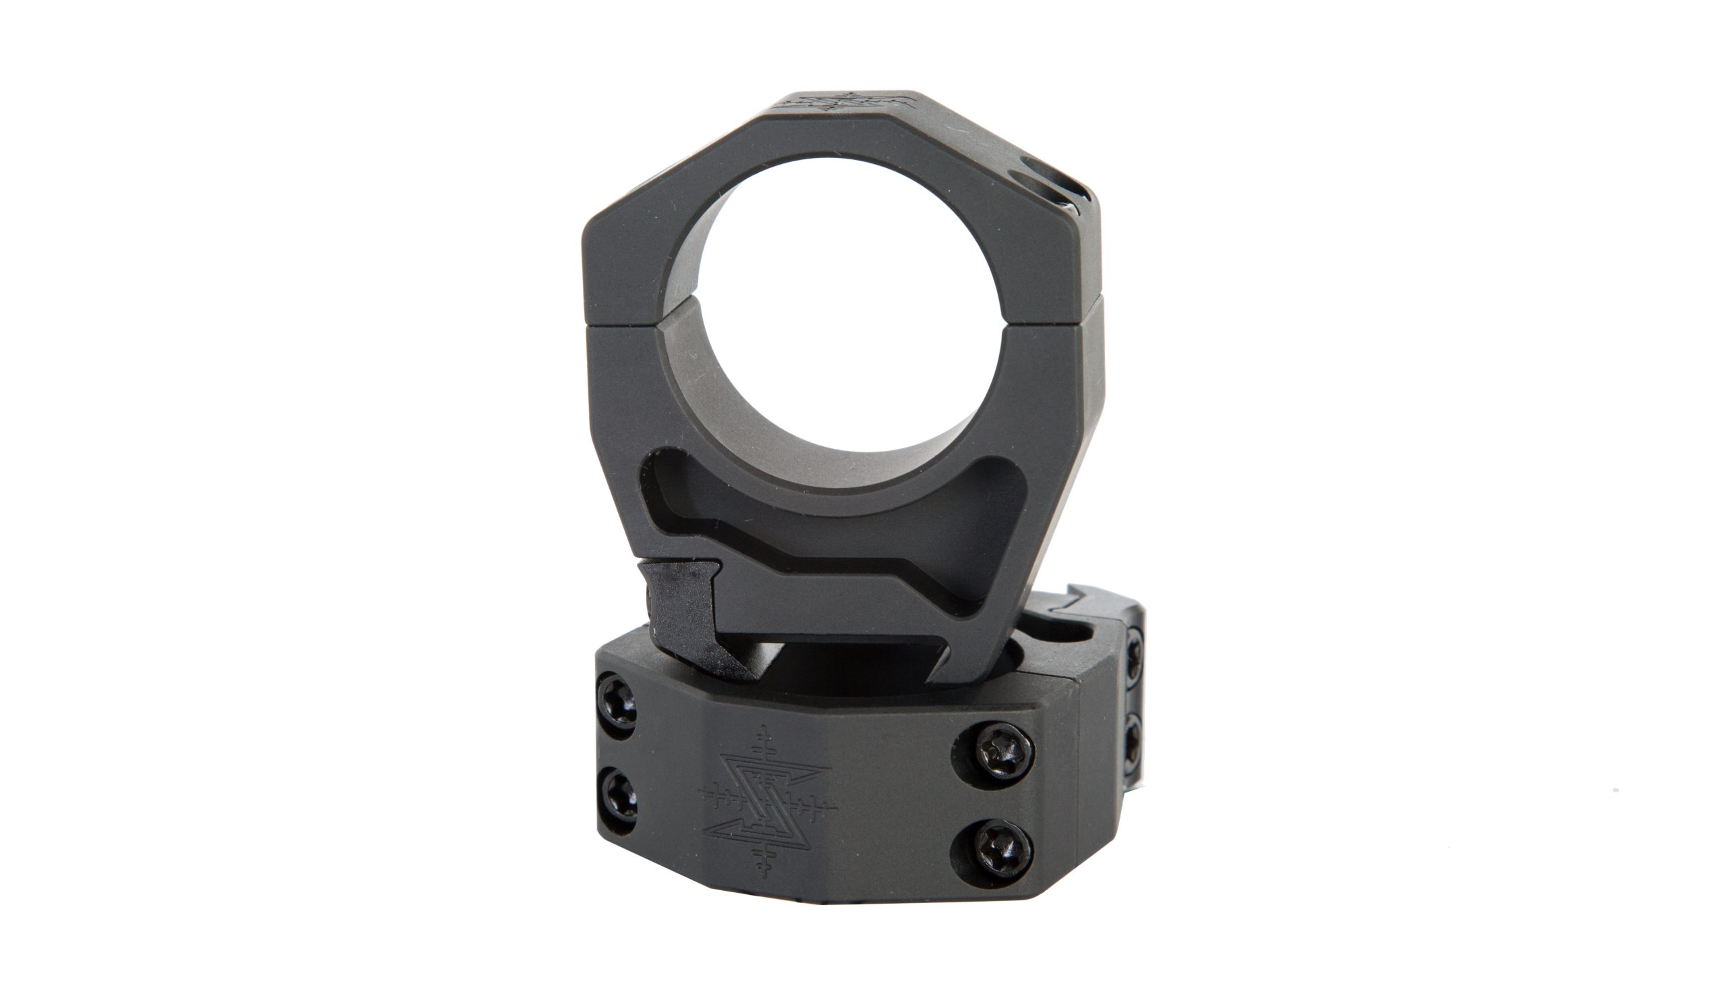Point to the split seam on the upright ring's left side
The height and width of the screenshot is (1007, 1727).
tap(620, 322)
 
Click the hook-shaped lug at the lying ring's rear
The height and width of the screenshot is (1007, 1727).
tap(1089, 597)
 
